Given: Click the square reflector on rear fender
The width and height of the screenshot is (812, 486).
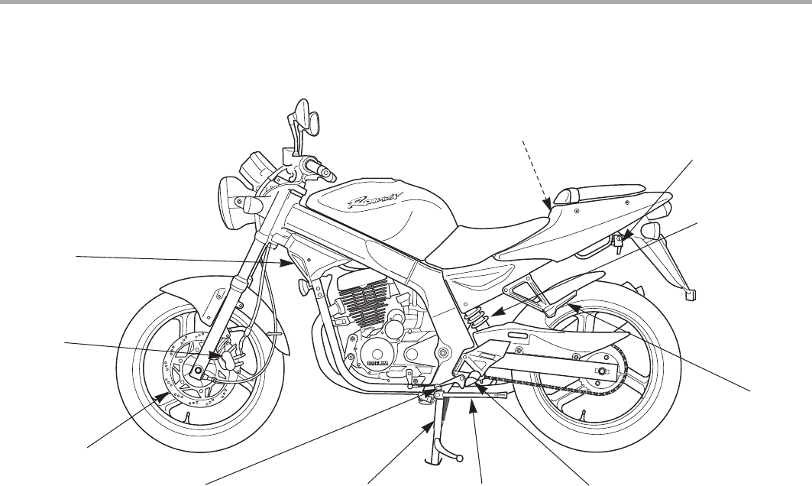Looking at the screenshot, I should click(691, 290).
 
